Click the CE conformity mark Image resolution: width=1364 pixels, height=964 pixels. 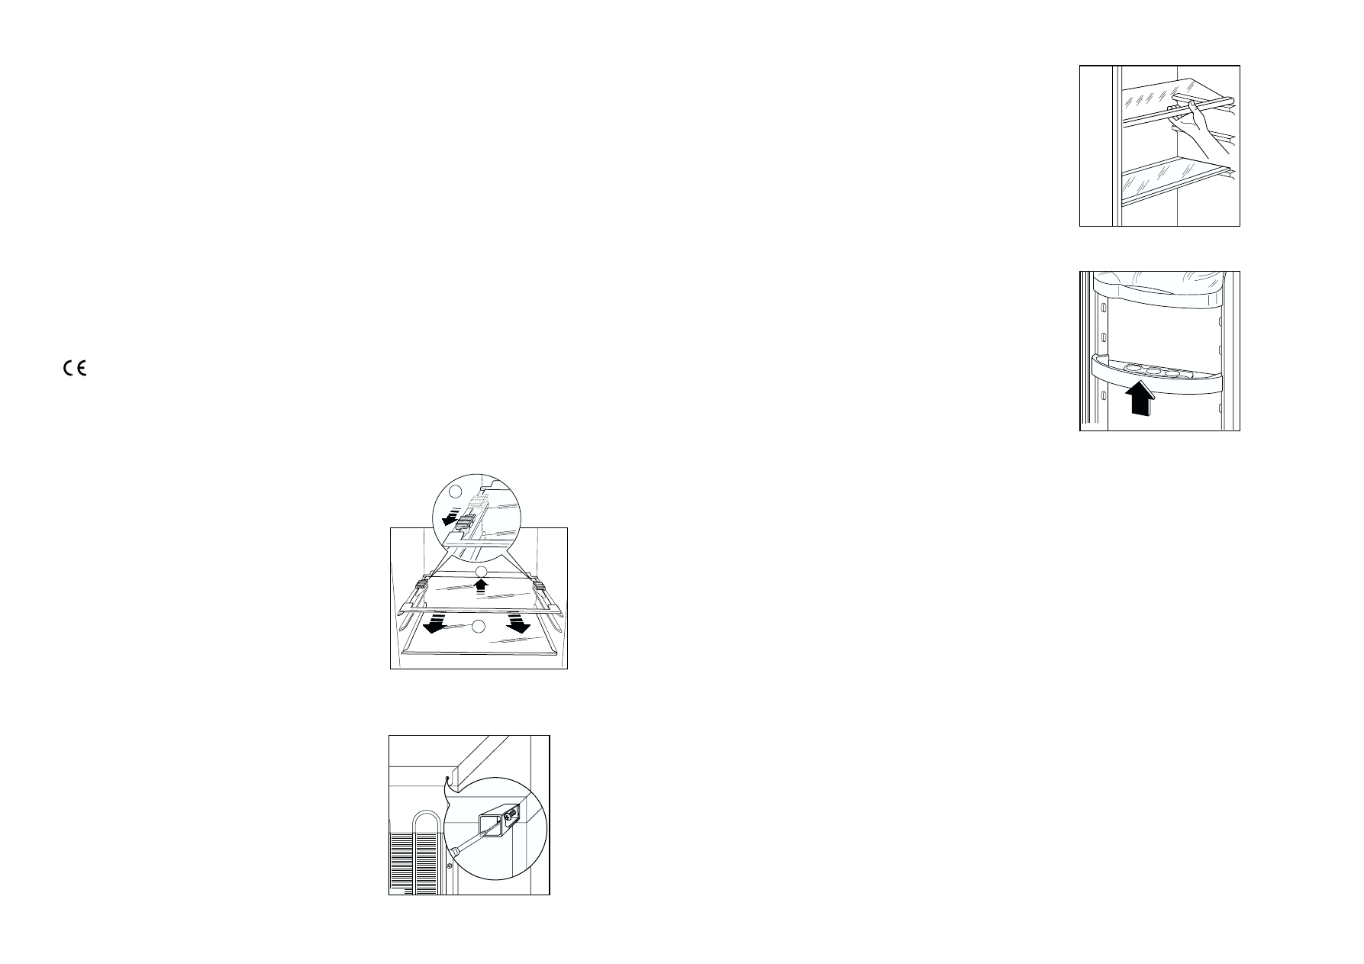(75, 369)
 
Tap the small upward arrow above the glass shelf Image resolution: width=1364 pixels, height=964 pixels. (481, 585)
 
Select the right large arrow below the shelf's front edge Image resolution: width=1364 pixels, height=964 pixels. (518, 624)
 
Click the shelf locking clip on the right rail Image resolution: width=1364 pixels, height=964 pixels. (540, 585)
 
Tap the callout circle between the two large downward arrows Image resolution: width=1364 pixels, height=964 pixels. (478, 627)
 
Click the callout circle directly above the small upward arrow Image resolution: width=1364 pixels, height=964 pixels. (481, 572)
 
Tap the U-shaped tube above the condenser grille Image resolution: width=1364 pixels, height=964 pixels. (424, 821)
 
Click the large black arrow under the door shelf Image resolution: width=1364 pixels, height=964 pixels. (1140, 398)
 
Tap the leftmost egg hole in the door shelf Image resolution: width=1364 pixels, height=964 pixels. (1134, 369)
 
